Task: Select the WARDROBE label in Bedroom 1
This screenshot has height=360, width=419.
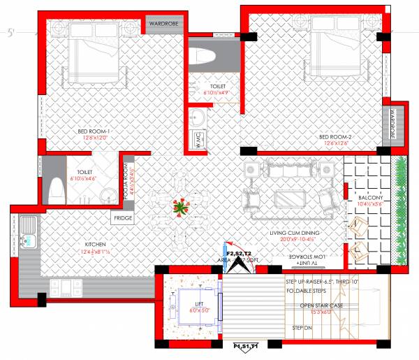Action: coord(164,24)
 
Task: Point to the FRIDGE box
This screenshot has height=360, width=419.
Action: coord(122,217)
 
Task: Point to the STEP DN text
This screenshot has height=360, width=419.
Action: coord(302,328)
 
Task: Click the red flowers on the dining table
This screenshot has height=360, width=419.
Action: coord(182,206)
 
